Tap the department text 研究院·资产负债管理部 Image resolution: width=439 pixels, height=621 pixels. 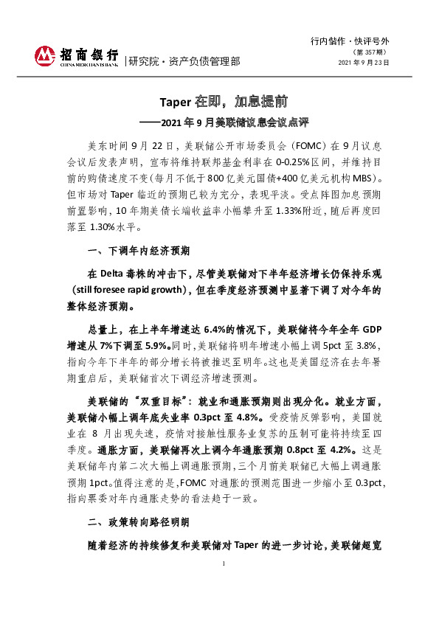click(x=184, y=61)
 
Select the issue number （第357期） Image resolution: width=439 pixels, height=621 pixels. click(x=374, y=51)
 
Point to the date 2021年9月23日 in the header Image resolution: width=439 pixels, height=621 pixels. click(x=363, y=63)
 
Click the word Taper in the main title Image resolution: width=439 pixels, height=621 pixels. click(x=176, y=100)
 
